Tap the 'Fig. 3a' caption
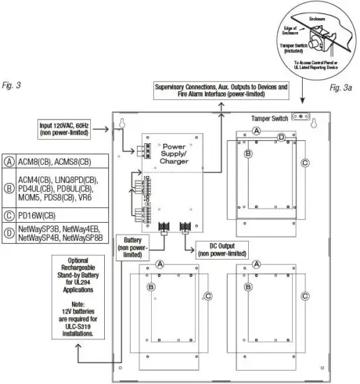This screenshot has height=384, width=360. coord(341,90)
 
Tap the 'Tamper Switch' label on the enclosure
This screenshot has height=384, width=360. coord(269,118)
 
